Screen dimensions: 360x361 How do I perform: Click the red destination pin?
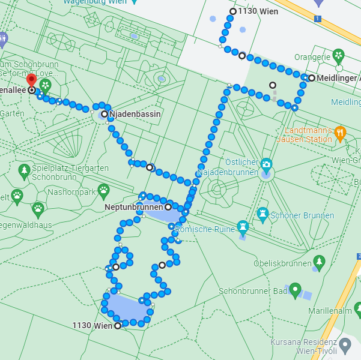[31, 81]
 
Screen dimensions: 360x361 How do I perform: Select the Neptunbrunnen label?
[133, 207]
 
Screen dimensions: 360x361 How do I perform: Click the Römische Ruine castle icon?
[243, 227]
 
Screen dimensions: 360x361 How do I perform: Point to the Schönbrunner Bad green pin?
[294, 290]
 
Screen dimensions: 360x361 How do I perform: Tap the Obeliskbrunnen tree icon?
[319, 262]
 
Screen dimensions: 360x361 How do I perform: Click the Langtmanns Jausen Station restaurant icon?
[340, 133]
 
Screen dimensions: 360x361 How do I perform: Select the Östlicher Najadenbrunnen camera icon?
[266, 163]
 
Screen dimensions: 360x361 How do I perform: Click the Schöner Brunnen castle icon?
[262, 213]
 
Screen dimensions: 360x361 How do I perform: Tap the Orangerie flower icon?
[339, 56]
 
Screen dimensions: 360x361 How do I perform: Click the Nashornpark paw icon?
[103, 191]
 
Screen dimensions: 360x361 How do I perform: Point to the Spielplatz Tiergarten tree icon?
[24, 171]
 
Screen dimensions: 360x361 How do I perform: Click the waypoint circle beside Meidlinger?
[312, 78]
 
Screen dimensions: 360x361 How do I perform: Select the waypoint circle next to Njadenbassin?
[105, 114]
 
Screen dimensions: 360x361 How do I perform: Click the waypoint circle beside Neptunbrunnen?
[168, 207]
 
